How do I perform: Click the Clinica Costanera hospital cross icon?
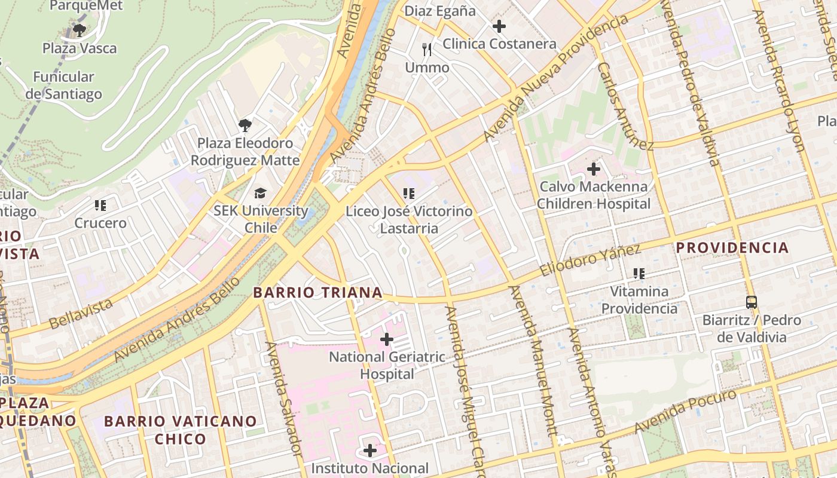pyautogui.click(x=499, y=26)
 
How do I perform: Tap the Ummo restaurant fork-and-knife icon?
pyautogui.click(x=427, y=50)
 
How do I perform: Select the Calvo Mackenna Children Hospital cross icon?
pyautogui.click(x=593, y=169)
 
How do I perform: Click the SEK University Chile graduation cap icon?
pyautogui.click(x=260, y=193)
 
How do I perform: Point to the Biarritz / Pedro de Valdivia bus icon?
pyautogui.click(x=752, y=302)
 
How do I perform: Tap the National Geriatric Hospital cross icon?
pyautogui.click(x=387, y=339)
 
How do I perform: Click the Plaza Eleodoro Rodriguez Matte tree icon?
pyautogui.click(x=245, y=125)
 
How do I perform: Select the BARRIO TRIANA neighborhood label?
pyautogui.click(x=317, y=292)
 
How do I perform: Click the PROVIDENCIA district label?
pyautogui.click(x=732, y=247)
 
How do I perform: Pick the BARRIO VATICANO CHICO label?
pyautogui.click(x=181, y=430)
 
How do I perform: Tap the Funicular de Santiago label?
pyautogui.click(x=64, y=85)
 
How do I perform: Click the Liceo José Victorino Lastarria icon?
pyautogui.click(x=409, y=193)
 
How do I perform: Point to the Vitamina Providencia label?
pyautogui.click(x=639, y=300)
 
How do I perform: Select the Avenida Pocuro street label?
pyautogui.click(x=685, y=412)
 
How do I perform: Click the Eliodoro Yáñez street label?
pyautogui.click(x=589, y=260)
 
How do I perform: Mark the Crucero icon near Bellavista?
pyautogui.click(x=100, y=206)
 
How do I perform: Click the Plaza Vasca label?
pyautogui.click(x=80, y=48)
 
